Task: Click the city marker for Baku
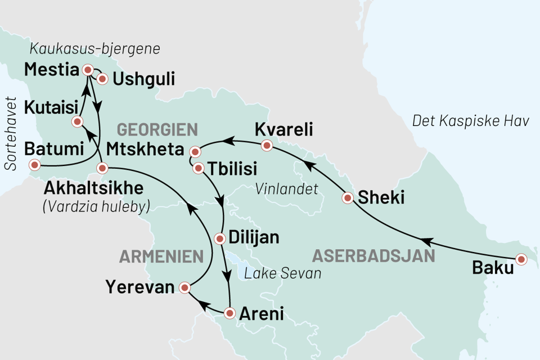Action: pyautogui.click(x=521, y=259)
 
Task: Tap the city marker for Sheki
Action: pyautogui.click(x=348, y=197)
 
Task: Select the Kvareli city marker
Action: pyautogui.click(x=267, y=146)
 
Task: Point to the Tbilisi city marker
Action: pyautogui.click(x=199, y=168)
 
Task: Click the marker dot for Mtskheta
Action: pyautogui.click(x=195, y=152)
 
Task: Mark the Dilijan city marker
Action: pyautogui.click(x=220, y=238)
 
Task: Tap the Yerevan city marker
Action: pyautogui.click(x=184, y=288)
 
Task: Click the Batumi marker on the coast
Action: pyautogui.click(x=35, y=165)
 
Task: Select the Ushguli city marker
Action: pyautogui.click(x=102, y=79)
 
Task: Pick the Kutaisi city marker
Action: pyautogui.click(x=78, y=121)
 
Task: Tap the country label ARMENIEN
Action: pyautogui.click(x=161, y=257)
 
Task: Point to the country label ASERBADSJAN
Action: pyautogui.click(x=373, y=256)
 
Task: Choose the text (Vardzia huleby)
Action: pyautogui.click(x=96, y=206)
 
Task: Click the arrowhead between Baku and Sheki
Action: pyautogui.click(x=427, y=242)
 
